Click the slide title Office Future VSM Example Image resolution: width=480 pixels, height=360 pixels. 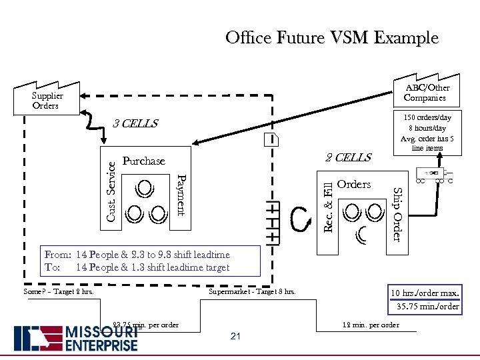pyautogui.click(x=332, y=37)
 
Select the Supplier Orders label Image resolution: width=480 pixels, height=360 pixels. pyautogui.click(x=45, y=101)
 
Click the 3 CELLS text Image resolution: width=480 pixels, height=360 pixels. pyautogui.click(x=135, y=124)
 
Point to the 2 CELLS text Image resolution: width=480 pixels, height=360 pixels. pyautogui.click(x=347, y=157)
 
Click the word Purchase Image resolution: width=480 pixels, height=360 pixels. pyautogui.click(x=143, y=161)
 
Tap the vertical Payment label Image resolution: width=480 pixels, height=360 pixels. pyautogui.click(x=181, y=194)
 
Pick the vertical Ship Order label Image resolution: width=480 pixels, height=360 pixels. pyautogui.click(x=397, y=214)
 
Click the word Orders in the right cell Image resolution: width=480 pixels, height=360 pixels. pyautogui.click(x=353, y=185)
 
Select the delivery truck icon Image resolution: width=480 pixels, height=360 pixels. pyautogui.click(x=434, y=175)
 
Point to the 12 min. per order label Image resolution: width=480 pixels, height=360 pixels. pyautogui.click(x=371, y=325)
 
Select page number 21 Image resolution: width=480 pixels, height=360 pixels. pyautogui.click(x=235, y=336)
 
